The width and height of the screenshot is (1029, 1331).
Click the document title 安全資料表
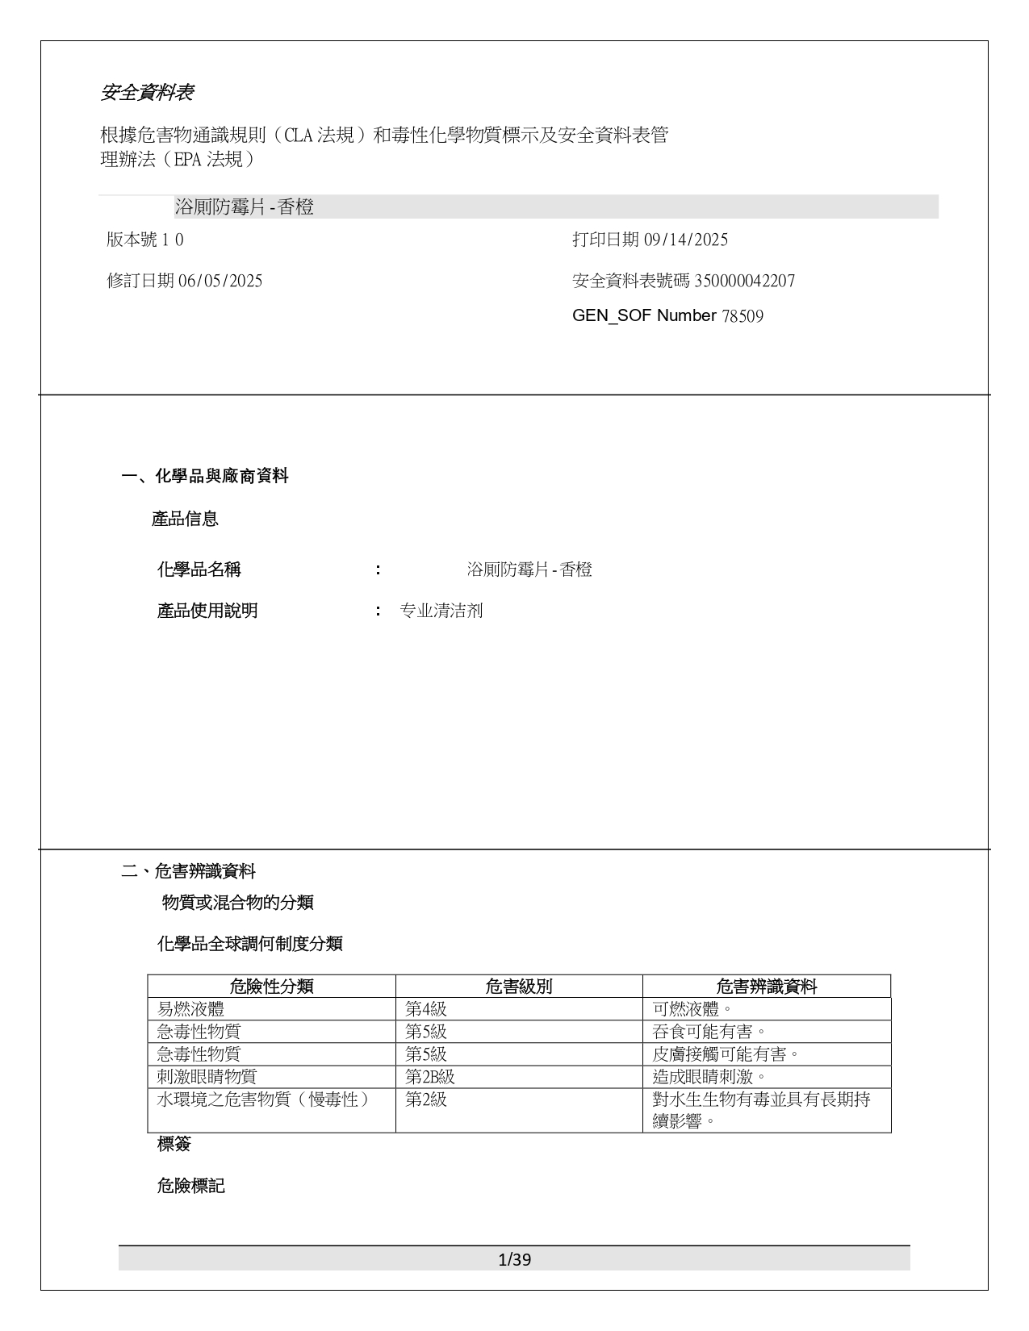click(147, 93)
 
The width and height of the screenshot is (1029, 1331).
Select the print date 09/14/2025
click(686, 240)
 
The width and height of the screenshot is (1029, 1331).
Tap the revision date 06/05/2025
click(220, 281)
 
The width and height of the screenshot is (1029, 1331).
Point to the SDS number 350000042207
click(744, 281)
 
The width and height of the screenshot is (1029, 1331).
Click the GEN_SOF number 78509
click(742, 315)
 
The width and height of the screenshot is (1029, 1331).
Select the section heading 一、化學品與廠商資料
click(205, 476)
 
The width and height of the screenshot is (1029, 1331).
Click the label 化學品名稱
click(199, 570)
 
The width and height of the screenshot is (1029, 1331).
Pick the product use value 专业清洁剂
click(441, 611)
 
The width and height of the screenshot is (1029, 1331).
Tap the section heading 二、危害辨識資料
click(189, 871)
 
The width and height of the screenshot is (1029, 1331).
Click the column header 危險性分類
click(271, 986)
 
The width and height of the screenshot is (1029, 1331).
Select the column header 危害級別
click(519, 986)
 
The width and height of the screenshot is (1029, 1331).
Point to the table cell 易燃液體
click(191, 1009)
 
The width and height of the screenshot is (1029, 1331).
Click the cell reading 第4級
click(426, 1009)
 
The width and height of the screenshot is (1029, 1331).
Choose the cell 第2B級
click(430, 1077)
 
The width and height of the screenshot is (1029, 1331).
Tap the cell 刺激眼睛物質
click(207, 1077)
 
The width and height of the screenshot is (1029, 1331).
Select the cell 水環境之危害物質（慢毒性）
click(263, 1099)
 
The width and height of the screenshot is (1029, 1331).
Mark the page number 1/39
click(515, 1259)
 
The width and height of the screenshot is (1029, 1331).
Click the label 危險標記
click(190, 1186)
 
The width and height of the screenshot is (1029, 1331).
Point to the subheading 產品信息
click(185, 519)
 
